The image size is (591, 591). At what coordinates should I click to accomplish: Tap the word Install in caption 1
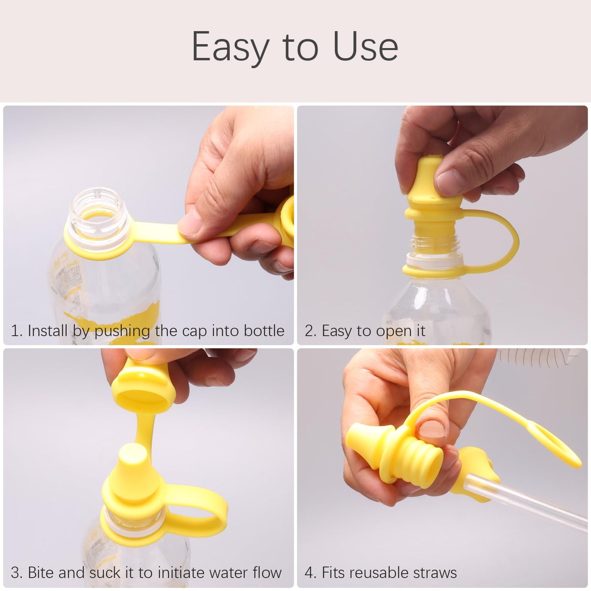tap(47, 330)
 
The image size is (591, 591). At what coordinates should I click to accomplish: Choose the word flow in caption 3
tap(267, 573)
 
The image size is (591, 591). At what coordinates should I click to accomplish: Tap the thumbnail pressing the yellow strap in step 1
tap(189, 225)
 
